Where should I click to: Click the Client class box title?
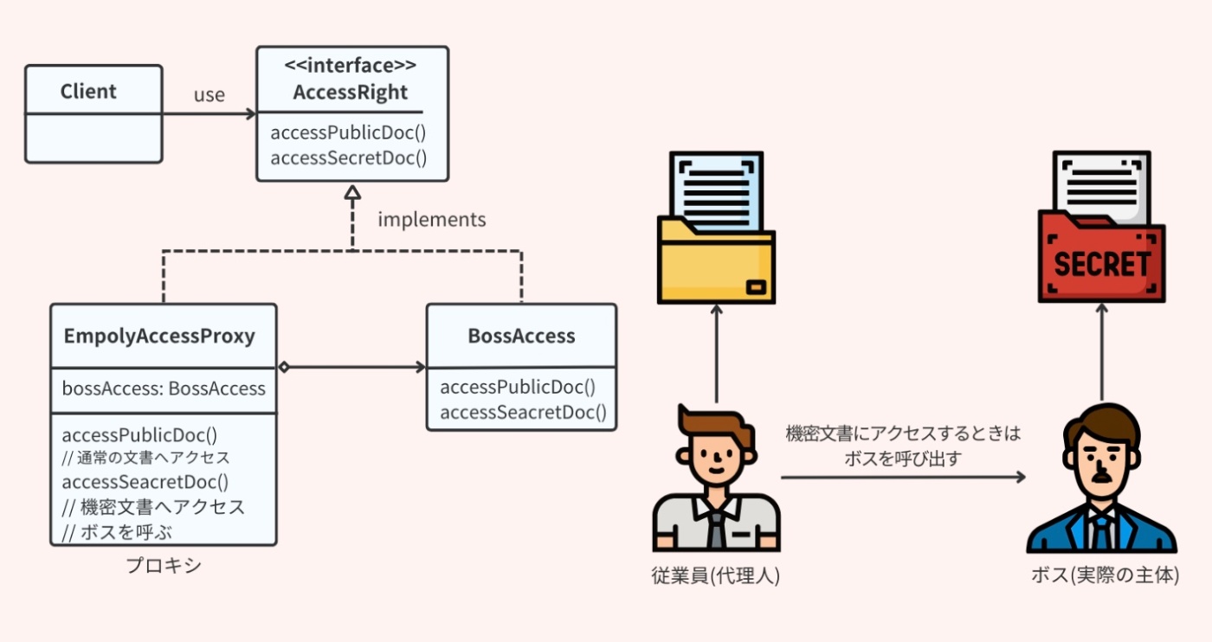[x=88, y=92]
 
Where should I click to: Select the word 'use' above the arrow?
[x=210, y=95]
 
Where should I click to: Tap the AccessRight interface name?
[x=351, y=93]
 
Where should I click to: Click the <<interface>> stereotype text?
[x=351, y=66]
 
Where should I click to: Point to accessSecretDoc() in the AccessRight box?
[x=349, y=157]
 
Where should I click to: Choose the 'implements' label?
[x=432, y=220]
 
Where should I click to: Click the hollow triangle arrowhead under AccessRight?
[x=352, y=193]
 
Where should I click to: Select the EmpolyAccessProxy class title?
[x=159, y=336]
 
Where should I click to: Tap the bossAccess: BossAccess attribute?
[x=164, y=388]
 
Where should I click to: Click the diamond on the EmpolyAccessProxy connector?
[x=283, y=367]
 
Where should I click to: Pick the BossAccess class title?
[x=521, y=336]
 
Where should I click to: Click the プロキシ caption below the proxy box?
[x=164, y=566]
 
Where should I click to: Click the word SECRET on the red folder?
[x=1102, y=263]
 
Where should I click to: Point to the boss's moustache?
[x=1100, y=475]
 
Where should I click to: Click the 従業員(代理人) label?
[x=716, y=575]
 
